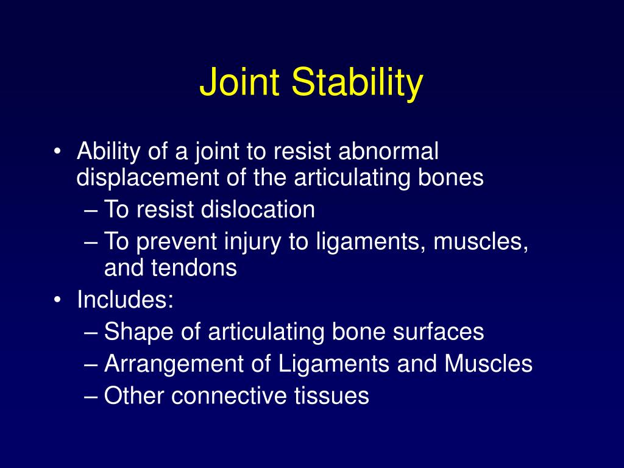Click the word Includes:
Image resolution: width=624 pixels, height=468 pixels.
tap(126, 300)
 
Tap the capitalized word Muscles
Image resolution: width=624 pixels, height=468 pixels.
tap(488, 364)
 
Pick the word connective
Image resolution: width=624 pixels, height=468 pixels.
tap(233, 396)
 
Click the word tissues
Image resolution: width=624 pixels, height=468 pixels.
tap(332, 396)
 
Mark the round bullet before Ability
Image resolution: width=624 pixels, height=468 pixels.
tap(57, 152)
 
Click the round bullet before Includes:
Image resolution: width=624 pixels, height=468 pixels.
tap(57, 300)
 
